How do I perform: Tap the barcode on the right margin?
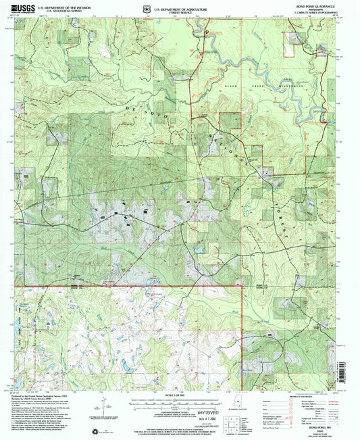pyautogui.click(x=354, y=368)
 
